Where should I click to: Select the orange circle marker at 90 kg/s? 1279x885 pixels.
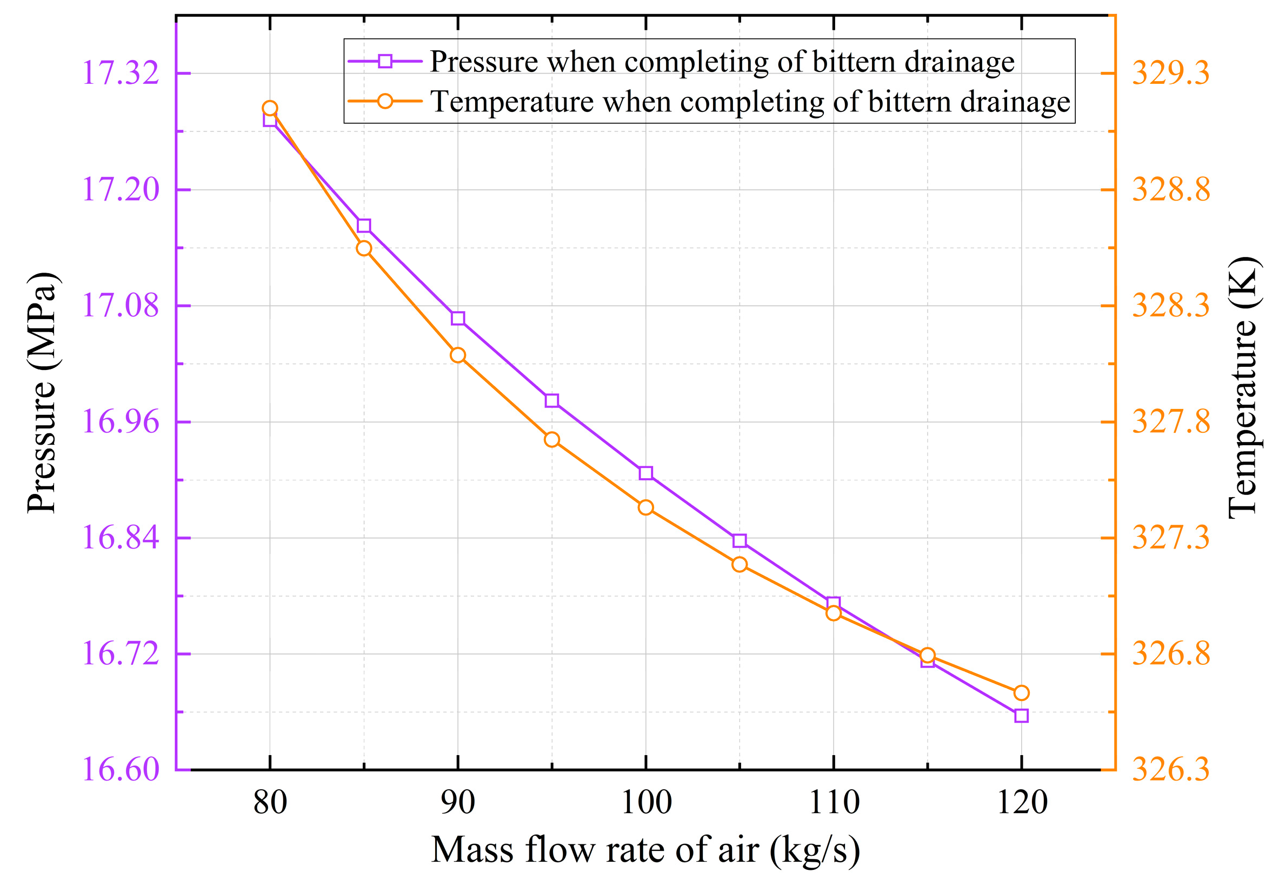tap(458, 355)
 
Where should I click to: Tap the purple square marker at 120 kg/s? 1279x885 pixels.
tap(1021, 716)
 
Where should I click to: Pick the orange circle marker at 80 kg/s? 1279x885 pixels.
tap(270, 108)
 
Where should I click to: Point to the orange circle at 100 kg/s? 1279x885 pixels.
tap(645, 507)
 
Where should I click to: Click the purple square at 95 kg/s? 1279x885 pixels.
tap(551, 400)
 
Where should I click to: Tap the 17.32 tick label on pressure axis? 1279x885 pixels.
tap(120, 72)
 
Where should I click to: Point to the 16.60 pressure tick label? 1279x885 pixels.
tap(120, 769)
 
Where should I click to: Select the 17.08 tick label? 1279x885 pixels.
tap(120, 306)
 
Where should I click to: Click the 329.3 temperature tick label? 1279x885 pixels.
tap(1170, 72)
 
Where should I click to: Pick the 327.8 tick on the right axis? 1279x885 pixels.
tap(1170, 422)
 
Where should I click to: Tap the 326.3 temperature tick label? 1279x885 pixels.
tap(1170, 769)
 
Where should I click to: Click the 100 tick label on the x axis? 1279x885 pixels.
tap(646, 802)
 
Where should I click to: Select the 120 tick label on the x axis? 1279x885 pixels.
tap(1022, 802)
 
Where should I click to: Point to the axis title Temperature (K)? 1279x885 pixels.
tap(1244, 388)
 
